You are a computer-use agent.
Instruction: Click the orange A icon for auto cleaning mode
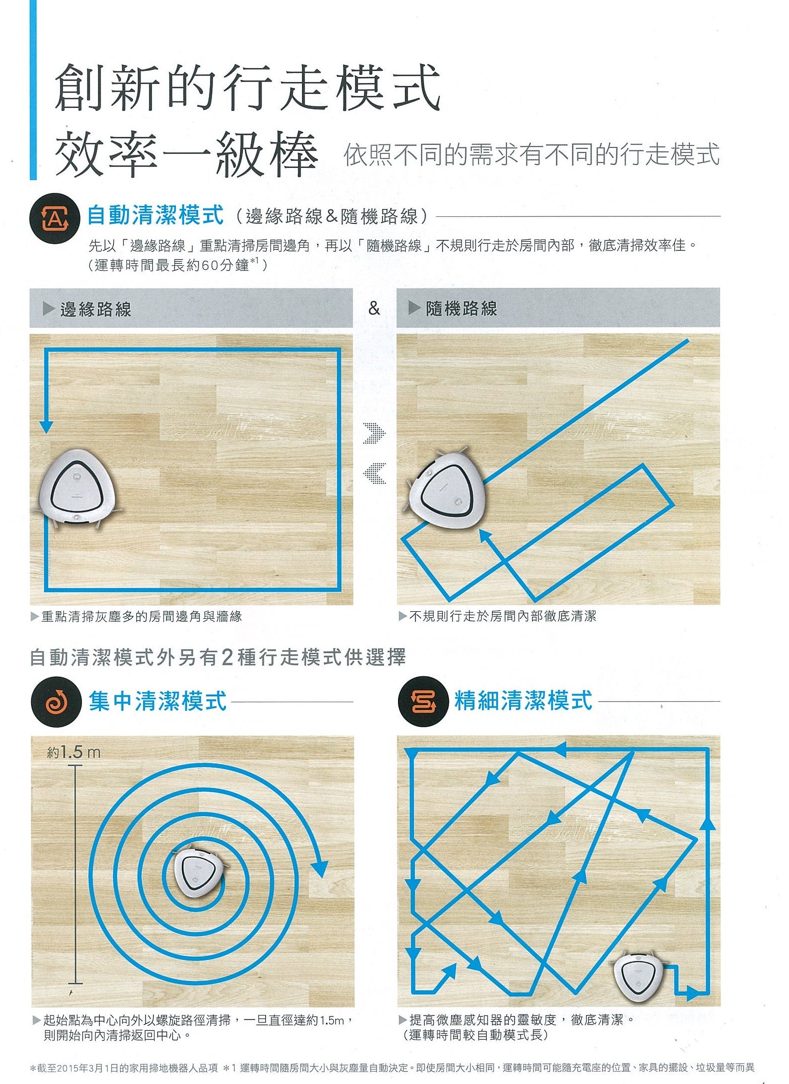pyautogui.click(x=54, y=218)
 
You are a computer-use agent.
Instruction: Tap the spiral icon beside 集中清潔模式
pyautogui.click(x=56, y=702)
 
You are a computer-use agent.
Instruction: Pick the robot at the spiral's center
pyautogui.click(x=198, y=872)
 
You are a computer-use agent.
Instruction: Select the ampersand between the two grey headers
pyautogui.click(x=374, y=308)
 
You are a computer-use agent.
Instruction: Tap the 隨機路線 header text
pyautogui.click(x=461, y=308)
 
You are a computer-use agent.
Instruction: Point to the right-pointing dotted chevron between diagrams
pyautogui.click(x=374, y=433)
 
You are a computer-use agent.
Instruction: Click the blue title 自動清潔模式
pyautogui.click(x=155, y=215)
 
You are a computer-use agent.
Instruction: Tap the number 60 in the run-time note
pyautogui.click(x=210, y=265)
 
